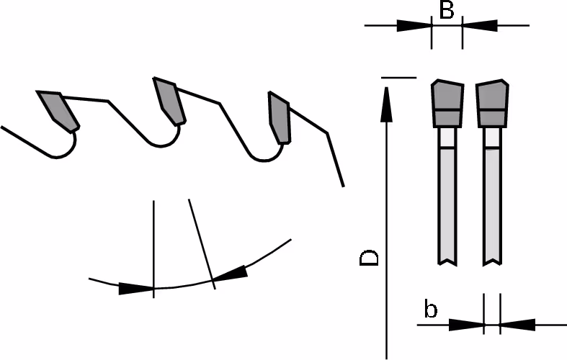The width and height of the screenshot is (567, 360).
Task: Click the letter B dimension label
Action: (447, 10)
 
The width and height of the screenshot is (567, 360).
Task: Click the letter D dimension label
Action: (369, 257)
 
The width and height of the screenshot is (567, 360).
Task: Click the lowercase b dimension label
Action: (430, 309)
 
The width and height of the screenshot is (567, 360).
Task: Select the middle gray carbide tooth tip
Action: (169, 101)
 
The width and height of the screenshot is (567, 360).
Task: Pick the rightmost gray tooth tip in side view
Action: (279, 117)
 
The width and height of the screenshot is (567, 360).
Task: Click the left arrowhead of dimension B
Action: (414, 26)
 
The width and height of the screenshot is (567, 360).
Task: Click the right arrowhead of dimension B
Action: (481, 26)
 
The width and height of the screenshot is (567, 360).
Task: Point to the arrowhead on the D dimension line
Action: (387, 104)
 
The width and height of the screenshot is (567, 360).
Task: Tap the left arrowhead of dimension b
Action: (466, 325)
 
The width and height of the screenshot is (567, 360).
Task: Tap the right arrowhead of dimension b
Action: (518, 325)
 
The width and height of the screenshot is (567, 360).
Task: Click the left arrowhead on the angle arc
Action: (136, 289)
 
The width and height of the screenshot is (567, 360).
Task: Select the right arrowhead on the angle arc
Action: (231, 274)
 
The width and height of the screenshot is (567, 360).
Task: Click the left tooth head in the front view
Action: (447, 104)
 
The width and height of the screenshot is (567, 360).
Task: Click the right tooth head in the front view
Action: (492, 104)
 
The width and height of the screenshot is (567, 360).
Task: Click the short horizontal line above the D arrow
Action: (399, 77)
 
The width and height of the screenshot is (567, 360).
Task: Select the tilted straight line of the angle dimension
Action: (202, 244)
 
